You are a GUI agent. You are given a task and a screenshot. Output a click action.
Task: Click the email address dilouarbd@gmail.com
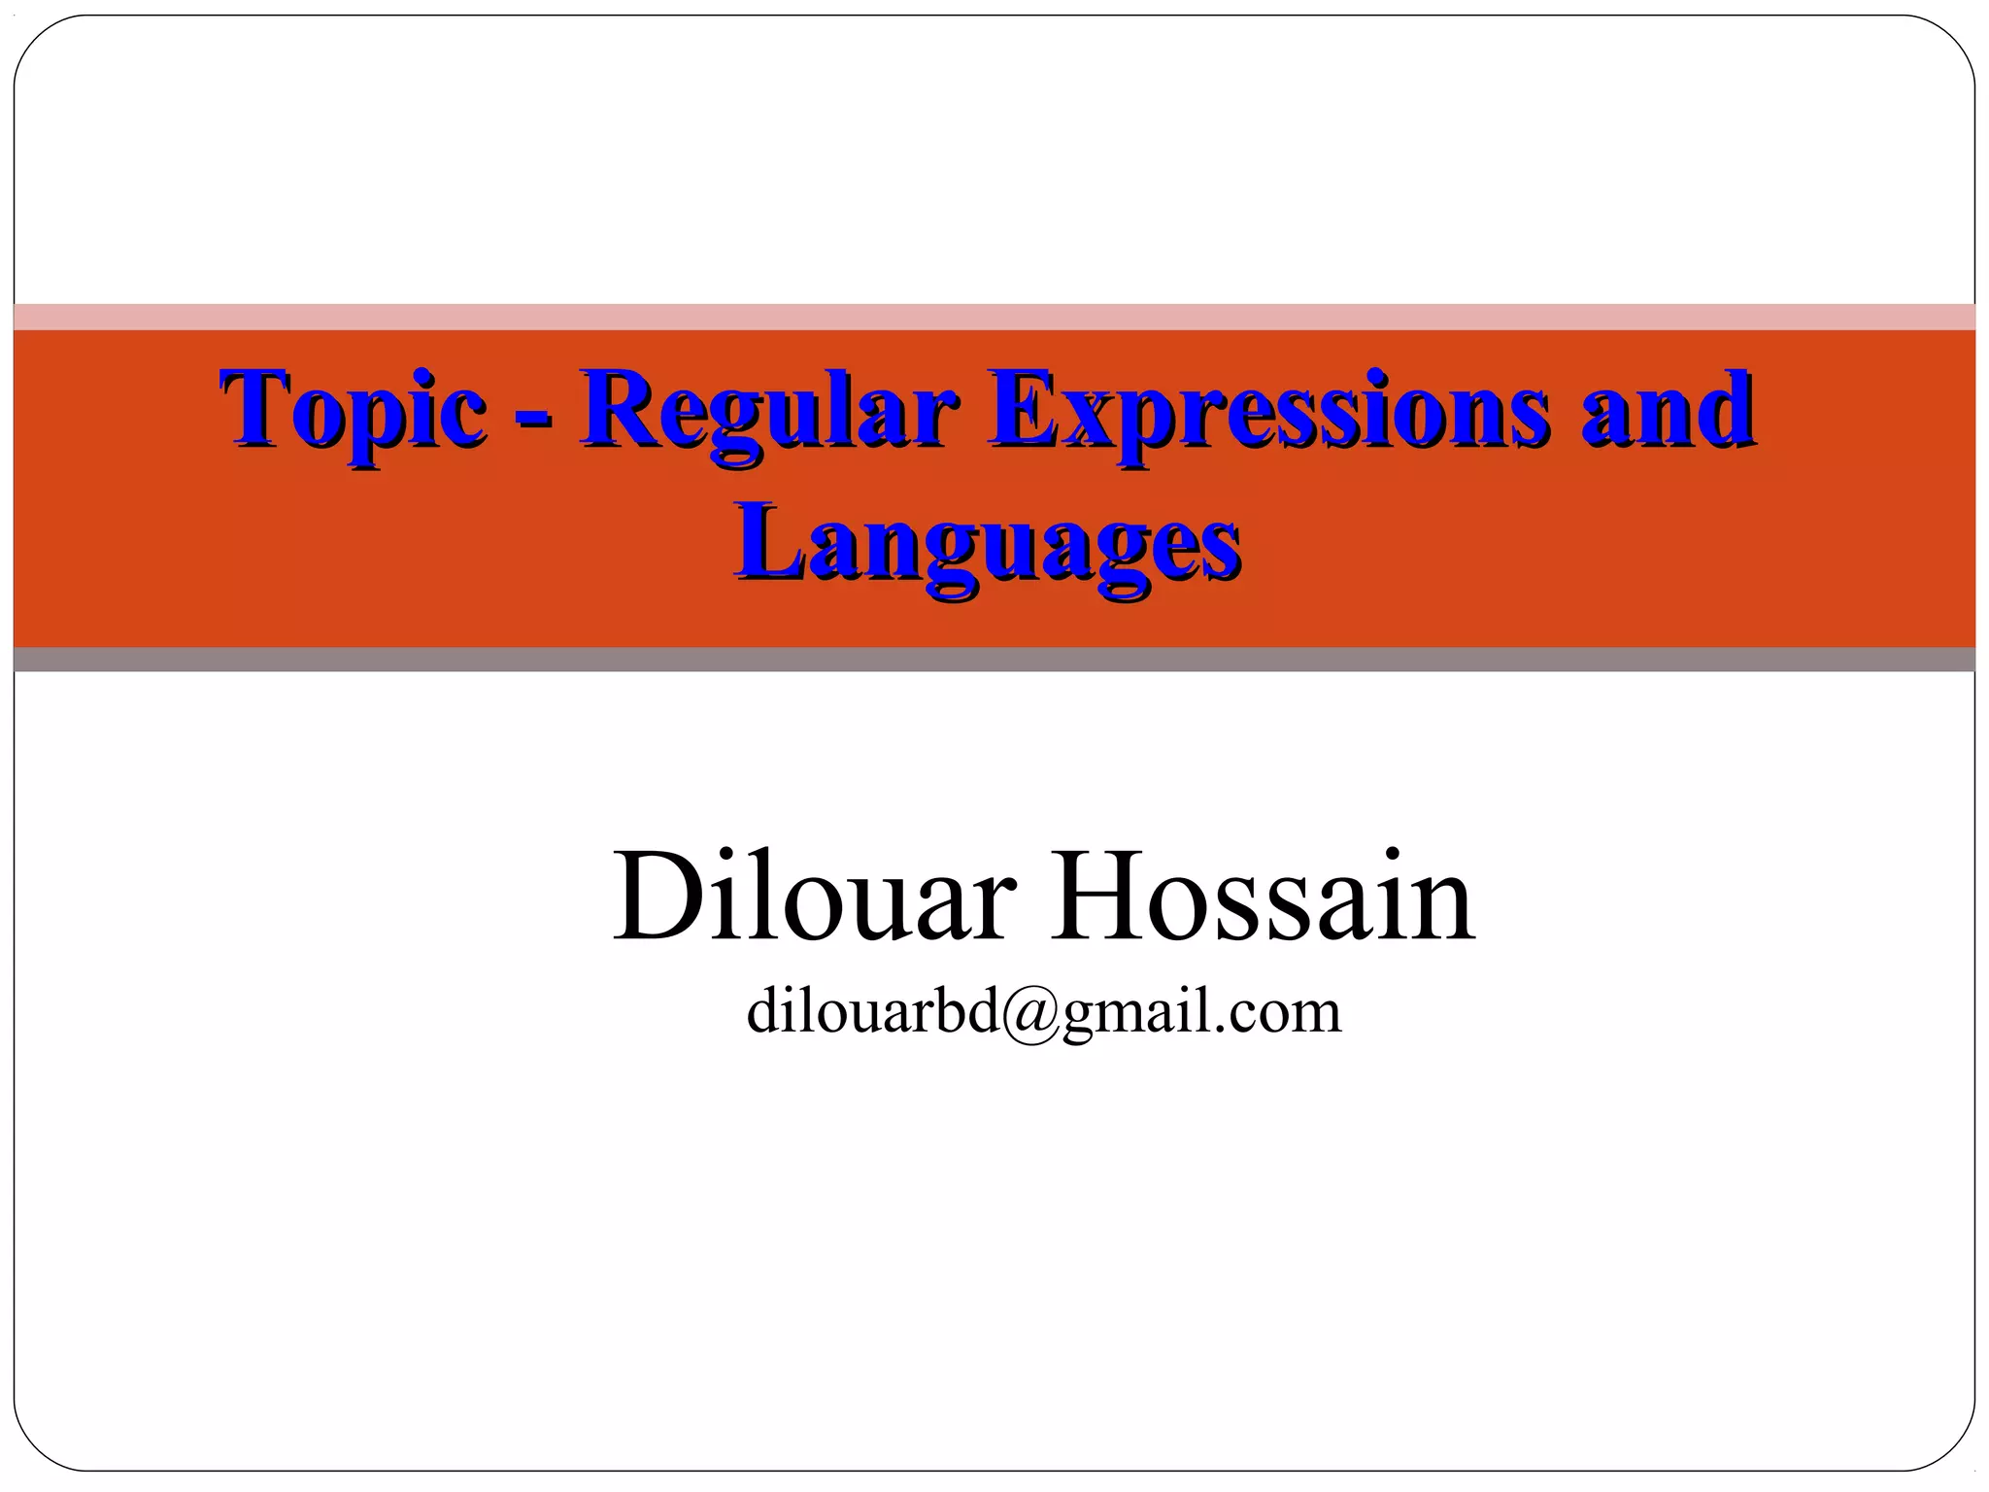pos(1044,1012)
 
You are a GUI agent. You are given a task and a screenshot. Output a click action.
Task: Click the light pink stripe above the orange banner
pos(994,317)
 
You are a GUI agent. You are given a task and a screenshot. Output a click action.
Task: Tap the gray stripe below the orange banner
pos(994,660)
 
